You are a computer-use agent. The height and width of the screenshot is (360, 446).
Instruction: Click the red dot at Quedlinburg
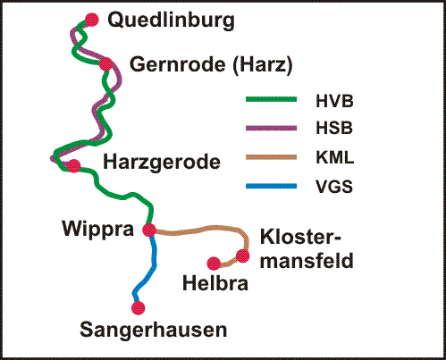coord(89,20)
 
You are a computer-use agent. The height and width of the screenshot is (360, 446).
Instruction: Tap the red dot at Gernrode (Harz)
coord(106,64)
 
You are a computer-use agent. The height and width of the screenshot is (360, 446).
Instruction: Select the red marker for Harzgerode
coord(73,165)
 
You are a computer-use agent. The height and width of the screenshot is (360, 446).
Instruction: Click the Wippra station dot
coord(149,230)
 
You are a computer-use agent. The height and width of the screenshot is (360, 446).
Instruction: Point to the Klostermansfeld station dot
coord(242,256)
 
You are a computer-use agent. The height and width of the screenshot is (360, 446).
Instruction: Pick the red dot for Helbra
coord(214,264)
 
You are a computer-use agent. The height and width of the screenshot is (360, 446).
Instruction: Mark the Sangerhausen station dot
coord(138,308)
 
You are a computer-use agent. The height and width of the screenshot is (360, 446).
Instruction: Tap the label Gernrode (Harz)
coord(211,65)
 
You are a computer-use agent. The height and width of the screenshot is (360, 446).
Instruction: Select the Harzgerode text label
coord(162,163)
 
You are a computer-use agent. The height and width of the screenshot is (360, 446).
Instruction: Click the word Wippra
coord(97,229)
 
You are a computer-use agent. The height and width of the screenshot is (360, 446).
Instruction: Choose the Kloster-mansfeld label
coord(306,248)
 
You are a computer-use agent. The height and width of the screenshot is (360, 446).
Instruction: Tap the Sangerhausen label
coord(154,331)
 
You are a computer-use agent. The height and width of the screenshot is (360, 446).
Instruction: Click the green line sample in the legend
coord(270,99)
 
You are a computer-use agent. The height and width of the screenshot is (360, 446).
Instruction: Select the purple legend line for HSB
coord(270,129)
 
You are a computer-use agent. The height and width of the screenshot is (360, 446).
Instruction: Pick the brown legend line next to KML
coord(270,158)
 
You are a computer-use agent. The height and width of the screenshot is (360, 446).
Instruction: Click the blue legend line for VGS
coord(270,188)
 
